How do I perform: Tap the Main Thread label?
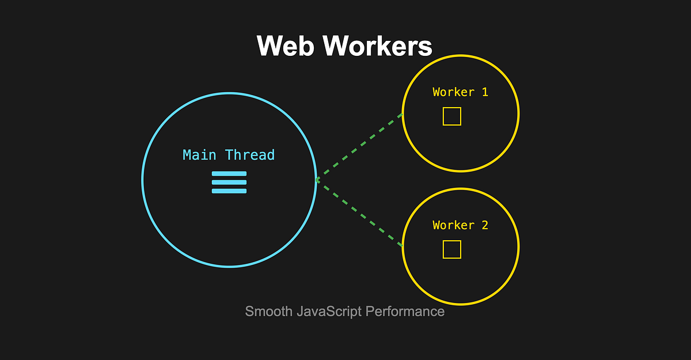point(229,155)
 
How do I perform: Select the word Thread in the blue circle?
point(250,155)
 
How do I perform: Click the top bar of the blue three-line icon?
point(229,173)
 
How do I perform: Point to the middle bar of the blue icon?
point(229,182)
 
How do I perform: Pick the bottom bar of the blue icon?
point(229,191)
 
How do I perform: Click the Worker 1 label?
point(460,92)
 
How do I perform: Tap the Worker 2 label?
point(460,225)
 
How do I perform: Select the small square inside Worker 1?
point(452,116)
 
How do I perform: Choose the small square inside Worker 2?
point(452,249)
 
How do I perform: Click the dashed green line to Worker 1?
point(360,147)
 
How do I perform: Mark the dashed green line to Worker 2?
point(360,213)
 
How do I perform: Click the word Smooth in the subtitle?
point(268,312)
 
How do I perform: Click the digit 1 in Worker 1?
point(485,92)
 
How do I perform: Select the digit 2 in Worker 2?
point(485,225)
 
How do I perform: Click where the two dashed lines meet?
point(317,180)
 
